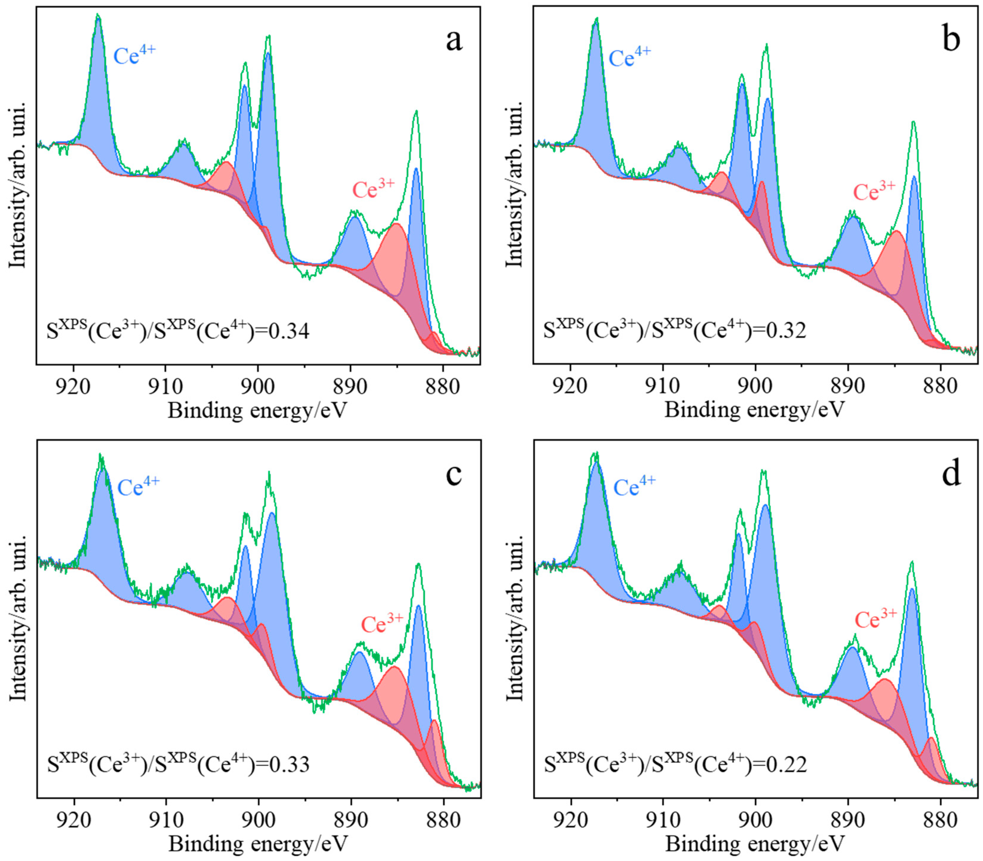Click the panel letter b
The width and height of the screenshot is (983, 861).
point(951,40)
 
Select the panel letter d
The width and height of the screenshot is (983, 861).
point(951,474)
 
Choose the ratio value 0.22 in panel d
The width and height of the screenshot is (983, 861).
point(786,764)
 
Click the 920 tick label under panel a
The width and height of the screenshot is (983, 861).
point(73,386)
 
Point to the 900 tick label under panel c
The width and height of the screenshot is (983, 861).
point(258,820)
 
